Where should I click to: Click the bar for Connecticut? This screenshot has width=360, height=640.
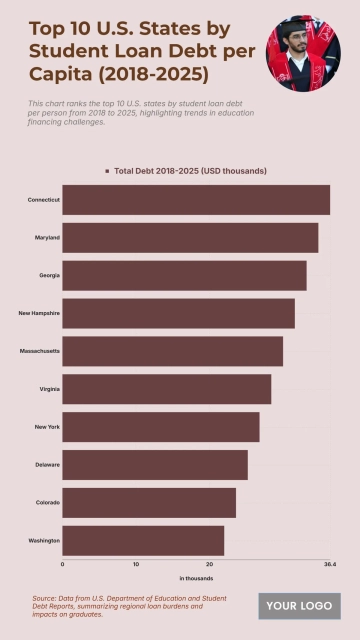[x=196, y=200]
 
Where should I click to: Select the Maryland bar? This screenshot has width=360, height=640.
[x=190, y=238]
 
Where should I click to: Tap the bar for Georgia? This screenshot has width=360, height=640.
[x=184, y=275]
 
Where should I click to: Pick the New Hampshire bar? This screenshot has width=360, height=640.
[x=178, y=313]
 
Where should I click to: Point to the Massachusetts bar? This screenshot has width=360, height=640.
[x=172, y=351]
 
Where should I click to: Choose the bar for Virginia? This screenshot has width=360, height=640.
[x=166, y=389]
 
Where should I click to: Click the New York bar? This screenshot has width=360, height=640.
[x=160, y=427]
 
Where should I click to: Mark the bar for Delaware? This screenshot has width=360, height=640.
[x=155, y=465]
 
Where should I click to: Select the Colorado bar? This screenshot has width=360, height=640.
[x=149, y=502]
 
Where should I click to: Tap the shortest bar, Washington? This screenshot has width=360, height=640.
[x=143, y=540]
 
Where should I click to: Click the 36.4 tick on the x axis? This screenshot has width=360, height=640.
[x=330, y=565]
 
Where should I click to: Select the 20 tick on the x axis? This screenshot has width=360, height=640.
[x=209, y=565]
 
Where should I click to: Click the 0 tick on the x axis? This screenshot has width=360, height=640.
[x=62, y=565]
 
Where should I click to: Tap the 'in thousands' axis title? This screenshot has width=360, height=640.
[x=196, y=579]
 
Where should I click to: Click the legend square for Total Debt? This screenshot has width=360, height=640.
[x=107, y=171]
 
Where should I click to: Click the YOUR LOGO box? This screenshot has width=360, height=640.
[x=299, y=606]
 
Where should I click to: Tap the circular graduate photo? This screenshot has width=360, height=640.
[x=303, y=52]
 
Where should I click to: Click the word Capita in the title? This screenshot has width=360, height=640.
[x=59, y=74]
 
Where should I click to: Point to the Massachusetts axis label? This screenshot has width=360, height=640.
[x=39, y=351]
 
